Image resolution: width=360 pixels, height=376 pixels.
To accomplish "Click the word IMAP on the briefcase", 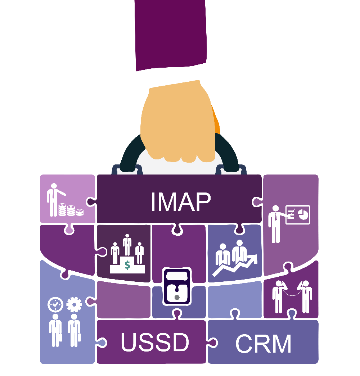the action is click(x=181, y=201).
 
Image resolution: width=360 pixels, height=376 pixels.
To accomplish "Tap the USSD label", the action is click(x=155, y=342).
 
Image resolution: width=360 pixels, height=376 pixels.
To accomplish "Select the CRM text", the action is click(x=264, y=344).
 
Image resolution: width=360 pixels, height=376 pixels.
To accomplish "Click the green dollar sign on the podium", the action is click(x=127, y=265).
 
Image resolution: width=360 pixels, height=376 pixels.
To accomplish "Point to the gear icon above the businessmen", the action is click(x=74, y=304).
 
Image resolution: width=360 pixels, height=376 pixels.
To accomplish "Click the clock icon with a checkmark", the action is click(x=55, y=304).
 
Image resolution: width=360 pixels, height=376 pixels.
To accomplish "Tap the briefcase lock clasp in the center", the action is click(x=177, y=286).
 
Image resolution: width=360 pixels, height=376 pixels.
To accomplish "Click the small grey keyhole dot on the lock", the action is click(x=177, y=298).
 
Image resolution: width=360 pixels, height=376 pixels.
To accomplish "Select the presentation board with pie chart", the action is click(x=298, y=214).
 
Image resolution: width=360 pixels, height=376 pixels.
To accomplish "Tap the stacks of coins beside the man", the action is click(x=71, y=210).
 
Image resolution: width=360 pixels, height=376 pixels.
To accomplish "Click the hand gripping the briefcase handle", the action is click(x=178, y=122).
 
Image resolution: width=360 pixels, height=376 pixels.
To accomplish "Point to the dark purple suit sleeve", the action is click(x=171, y=35).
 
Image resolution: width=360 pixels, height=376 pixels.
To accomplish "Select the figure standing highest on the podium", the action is click(x=127, y=245).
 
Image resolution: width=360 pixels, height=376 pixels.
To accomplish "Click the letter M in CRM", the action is click(x=281, y=344).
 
